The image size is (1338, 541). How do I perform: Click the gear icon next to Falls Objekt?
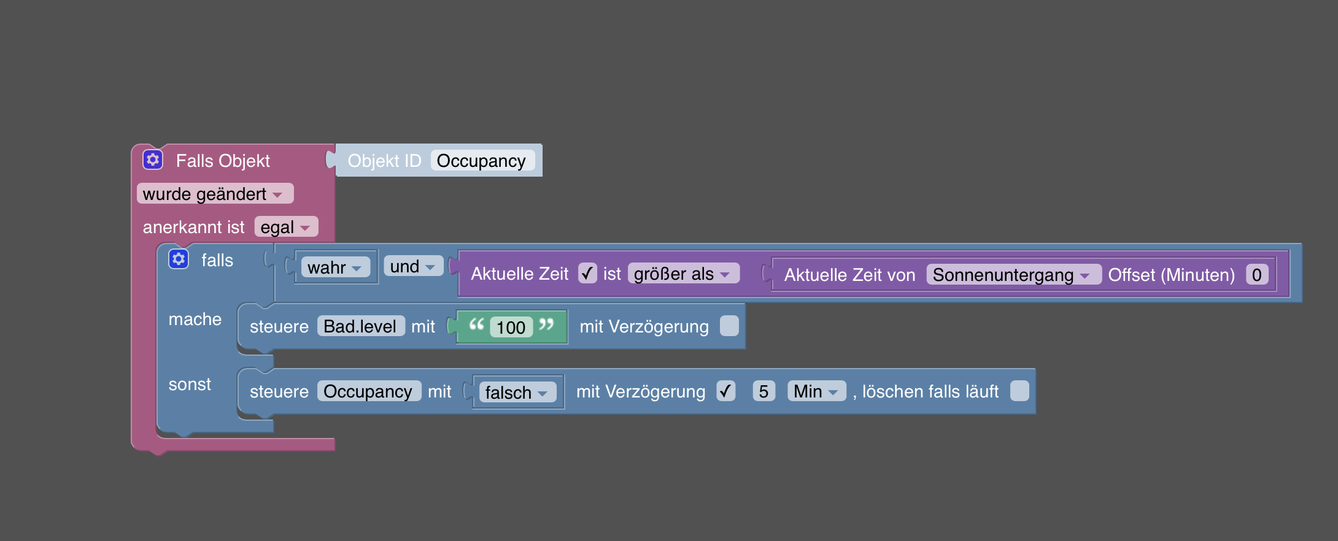point(153,160)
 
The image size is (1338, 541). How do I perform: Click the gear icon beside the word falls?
point(179,259)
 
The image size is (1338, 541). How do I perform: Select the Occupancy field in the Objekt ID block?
point(482,161)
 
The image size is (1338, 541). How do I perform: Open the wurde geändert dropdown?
point(214,194)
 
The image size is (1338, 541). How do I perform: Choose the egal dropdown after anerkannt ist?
point(285,227)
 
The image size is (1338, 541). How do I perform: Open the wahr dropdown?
point(334,267)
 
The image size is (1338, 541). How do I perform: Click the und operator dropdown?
point(412,266)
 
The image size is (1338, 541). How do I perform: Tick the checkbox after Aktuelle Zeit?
point(587,273)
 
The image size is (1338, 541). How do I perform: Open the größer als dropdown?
point(682,274)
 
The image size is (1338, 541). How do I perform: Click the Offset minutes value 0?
point(1256,275)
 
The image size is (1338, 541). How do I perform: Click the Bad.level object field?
point(360,326)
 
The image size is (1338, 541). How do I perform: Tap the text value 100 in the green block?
point(511,328)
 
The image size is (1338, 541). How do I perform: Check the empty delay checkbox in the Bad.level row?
point(729,326)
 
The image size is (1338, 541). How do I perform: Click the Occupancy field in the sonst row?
point(368,391)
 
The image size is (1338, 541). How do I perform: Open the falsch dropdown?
point(516,393)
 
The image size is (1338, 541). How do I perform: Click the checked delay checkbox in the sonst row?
point(725,391)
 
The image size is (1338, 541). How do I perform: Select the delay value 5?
point(764,391)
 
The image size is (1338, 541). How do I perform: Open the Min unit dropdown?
point(816,391)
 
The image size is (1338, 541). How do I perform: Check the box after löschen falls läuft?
point(1019,391)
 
